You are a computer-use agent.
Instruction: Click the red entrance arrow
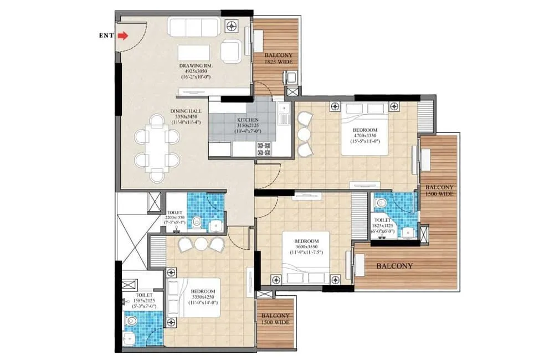(123, 36)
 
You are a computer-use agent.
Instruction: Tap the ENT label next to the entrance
(106, 35)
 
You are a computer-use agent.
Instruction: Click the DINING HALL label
(186, 111)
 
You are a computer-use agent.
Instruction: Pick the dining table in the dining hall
(157, 148)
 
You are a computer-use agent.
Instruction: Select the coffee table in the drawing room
(194, 53)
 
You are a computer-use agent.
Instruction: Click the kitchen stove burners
(263, 148)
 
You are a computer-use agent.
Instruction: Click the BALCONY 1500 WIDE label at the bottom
(275, 319)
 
